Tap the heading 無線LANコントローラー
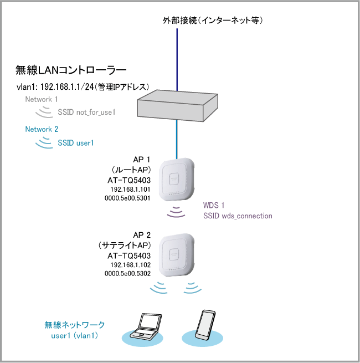click(x=71, y=70)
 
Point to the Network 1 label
click(x=42, y=99)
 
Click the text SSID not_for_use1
click(x=86, y=113)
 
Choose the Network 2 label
click(x=42, y=129)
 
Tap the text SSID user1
click(x=76, y=142)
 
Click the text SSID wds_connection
click(x=238, y=216)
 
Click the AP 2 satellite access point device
click(x=177, y=256)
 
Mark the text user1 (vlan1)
click(x=75, y=335)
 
